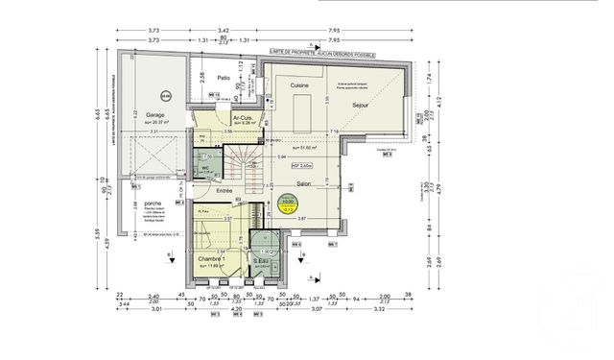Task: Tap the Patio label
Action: tap(223, 78)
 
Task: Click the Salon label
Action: tap(304, 183)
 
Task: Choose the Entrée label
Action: tap(224, 191)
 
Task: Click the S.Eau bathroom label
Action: tap(260, 260)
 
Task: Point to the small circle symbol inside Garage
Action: tap(165, 95)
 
